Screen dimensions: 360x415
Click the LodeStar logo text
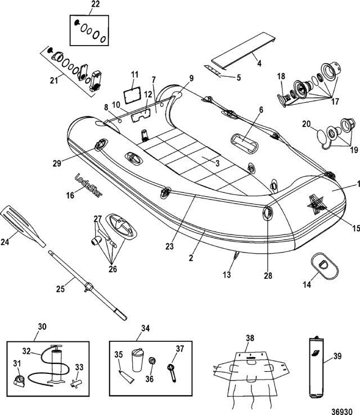pos(88,185)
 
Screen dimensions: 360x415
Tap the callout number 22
pos(96,4)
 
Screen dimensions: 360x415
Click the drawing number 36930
pos(342,412)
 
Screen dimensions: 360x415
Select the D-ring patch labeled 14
pos(325,266)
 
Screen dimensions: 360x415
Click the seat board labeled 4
pos(243,51)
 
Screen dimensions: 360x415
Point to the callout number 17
pos(335,101)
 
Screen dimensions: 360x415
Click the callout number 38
pos(250,338)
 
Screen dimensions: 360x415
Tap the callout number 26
pos(112,269)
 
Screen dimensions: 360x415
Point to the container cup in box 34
pos(138,360)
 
